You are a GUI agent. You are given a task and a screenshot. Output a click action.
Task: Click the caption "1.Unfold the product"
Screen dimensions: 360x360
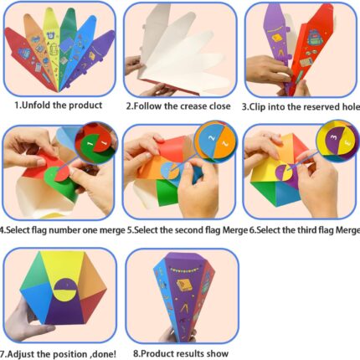tap(59, 105)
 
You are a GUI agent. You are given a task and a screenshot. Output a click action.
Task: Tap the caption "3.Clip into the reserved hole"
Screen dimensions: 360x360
tap(301, 107)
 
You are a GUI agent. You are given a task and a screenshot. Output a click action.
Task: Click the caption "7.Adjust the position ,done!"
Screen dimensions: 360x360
tap(58, 354)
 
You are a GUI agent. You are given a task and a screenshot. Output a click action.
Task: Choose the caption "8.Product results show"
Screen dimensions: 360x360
tap(181, 353)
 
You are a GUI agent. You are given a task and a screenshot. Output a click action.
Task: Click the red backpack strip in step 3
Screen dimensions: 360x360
tap(312, 48)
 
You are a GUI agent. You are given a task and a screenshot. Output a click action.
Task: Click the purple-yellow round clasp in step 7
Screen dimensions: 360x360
tap(65, 290)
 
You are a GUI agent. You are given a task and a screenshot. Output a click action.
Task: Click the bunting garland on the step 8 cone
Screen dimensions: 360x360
tap(184, 270)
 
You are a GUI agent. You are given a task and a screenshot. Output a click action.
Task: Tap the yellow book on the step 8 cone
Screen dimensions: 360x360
tap(184, 285)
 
